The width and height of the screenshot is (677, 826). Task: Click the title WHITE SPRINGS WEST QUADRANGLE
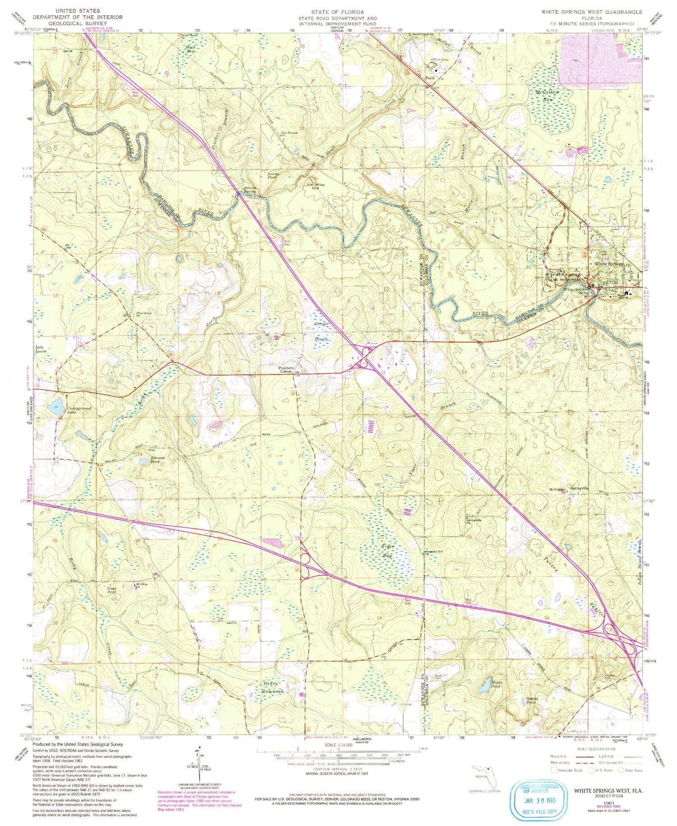point(592,12)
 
